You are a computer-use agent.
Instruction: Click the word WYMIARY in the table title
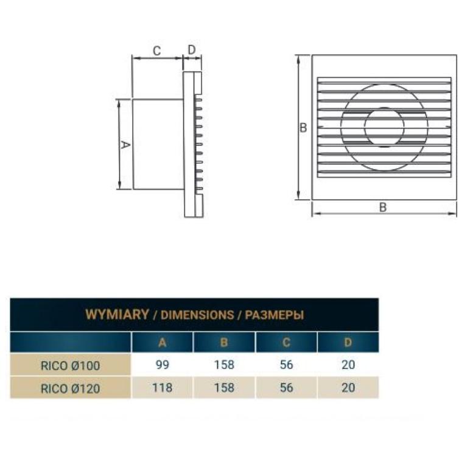click(x=117, y=314)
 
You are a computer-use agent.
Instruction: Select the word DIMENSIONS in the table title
click(x=197, y=315)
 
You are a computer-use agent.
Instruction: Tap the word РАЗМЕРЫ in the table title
click(x=275, y=315)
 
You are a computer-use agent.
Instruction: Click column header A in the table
click(x=162, y=342)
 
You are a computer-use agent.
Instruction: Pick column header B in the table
click(x=224, y=342)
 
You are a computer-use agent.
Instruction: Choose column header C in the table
click(x=286, y=342)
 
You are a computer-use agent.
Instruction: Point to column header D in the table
click(x=348, y=342)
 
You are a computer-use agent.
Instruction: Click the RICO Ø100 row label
click(x=70, y=366)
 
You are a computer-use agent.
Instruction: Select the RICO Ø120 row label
click(x=70, y=388)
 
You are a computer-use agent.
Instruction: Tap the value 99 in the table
click(x=163, y=365)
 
